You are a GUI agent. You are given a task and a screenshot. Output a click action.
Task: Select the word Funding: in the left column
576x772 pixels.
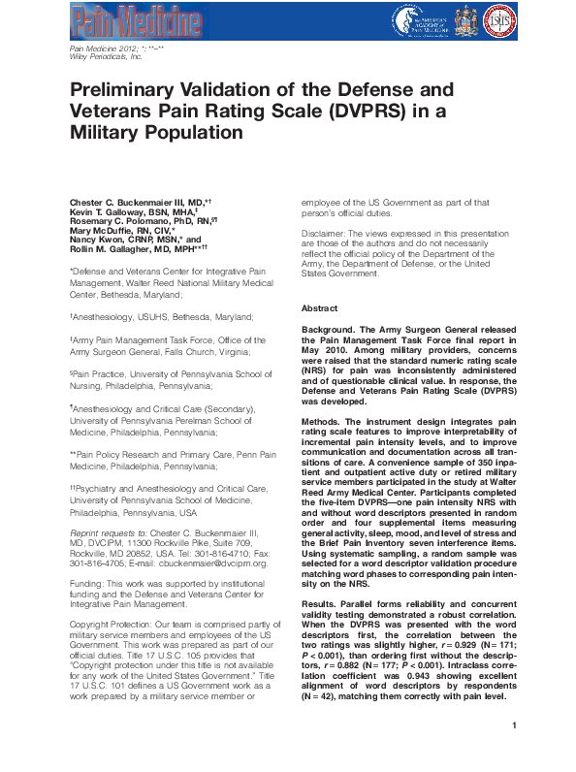89,579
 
